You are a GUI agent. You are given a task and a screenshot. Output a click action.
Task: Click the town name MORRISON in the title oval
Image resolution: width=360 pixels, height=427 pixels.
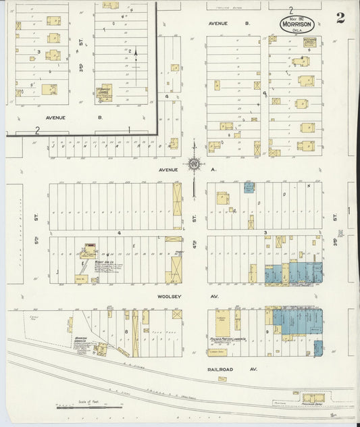298,22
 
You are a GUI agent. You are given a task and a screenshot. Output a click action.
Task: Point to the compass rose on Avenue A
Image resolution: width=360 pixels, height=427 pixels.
194,163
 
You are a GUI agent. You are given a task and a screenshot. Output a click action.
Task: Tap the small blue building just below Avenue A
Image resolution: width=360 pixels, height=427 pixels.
249,186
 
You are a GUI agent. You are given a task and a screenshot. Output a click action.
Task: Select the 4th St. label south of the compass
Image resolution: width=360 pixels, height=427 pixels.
193,219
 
